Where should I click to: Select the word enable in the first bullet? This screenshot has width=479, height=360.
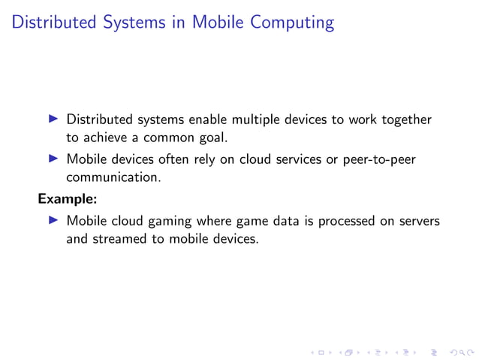coord(208,119)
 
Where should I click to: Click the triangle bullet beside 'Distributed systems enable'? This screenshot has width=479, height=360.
coord(53,119)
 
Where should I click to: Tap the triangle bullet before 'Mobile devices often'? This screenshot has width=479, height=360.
coord(53,159)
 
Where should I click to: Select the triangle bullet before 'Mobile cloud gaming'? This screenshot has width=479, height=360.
coord(53,221)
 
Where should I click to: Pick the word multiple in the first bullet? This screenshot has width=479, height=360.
coord(261,119)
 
